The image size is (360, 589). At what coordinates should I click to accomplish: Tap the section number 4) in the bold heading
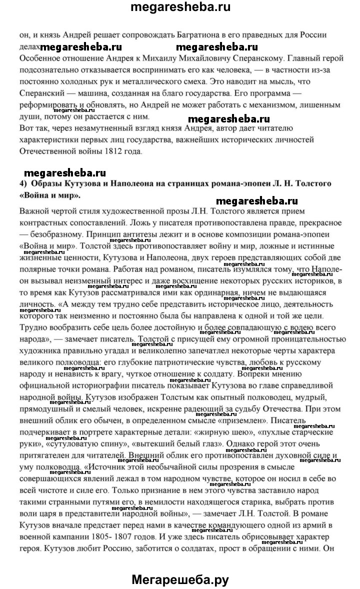[24, 184]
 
